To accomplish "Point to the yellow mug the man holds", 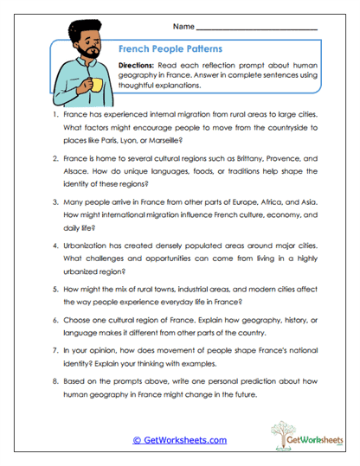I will coord(97,84).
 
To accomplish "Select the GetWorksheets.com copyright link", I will coord(179,440).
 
